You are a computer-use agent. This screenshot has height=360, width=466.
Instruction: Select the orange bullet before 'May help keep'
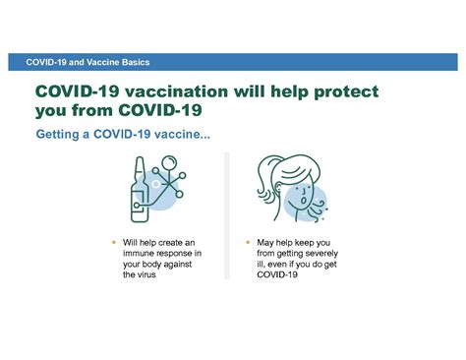click(x=246, y=241)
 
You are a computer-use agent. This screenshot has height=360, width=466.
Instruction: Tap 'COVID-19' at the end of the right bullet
click(x=277, y=275)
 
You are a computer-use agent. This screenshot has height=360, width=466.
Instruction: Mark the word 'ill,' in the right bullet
click(x=262, y=265)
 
